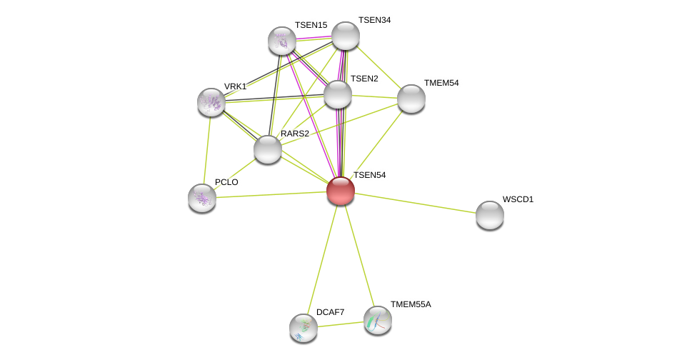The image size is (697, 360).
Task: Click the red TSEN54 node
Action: pyautogui.click(x=341, y=191)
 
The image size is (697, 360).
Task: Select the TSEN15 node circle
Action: pyautogui.click(x=282, y=41)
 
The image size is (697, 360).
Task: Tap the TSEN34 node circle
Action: pyautogui.click(x=346, y=36)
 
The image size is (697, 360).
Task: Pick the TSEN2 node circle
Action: pyautogui.click(x=338, y=94)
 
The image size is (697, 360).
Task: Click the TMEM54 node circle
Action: pyautogui.click(x=411, y=99)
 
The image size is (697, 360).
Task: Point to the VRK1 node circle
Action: pyautogui.click(x=211, y=102)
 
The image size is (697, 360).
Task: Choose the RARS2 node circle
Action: pyautogui.click(x=268, y=149)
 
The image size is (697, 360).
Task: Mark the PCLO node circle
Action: pyautogui.click(x=202, y=198)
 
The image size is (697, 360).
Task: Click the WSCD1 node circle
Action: pyautogui.click(x=490, y=215)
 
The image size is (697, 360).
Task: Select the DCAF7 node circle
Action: pyautogui.click(x=304, y=328)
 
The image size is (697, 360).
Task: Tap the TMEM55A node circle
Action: pyautogui.click(x=378, y=320)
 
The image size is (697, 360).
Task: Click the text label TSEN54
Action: pyautogui.click(x=369, y=175)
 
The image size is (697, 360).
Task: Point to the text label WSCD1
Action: pyautogui.click(x=518, y=199)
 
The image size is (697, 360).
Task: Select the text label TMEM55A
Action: pyautogui.click(x=411, y=304)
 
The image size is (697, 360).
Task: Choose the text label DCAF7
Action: pyautogui.click(x=330, y=312)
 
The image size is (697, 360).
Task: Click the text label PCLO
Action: pyautogui.click(x=226, y=182)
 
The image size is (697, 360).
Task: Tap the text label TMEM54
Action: pyautogui.click(x=441, y=83)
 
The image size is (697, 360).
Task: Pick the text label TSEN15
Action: pyautogui.click(x=311, y=25)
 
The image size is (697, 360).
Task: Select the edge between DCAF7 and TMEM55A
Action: pyautogui.click(x=341, y=324)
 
